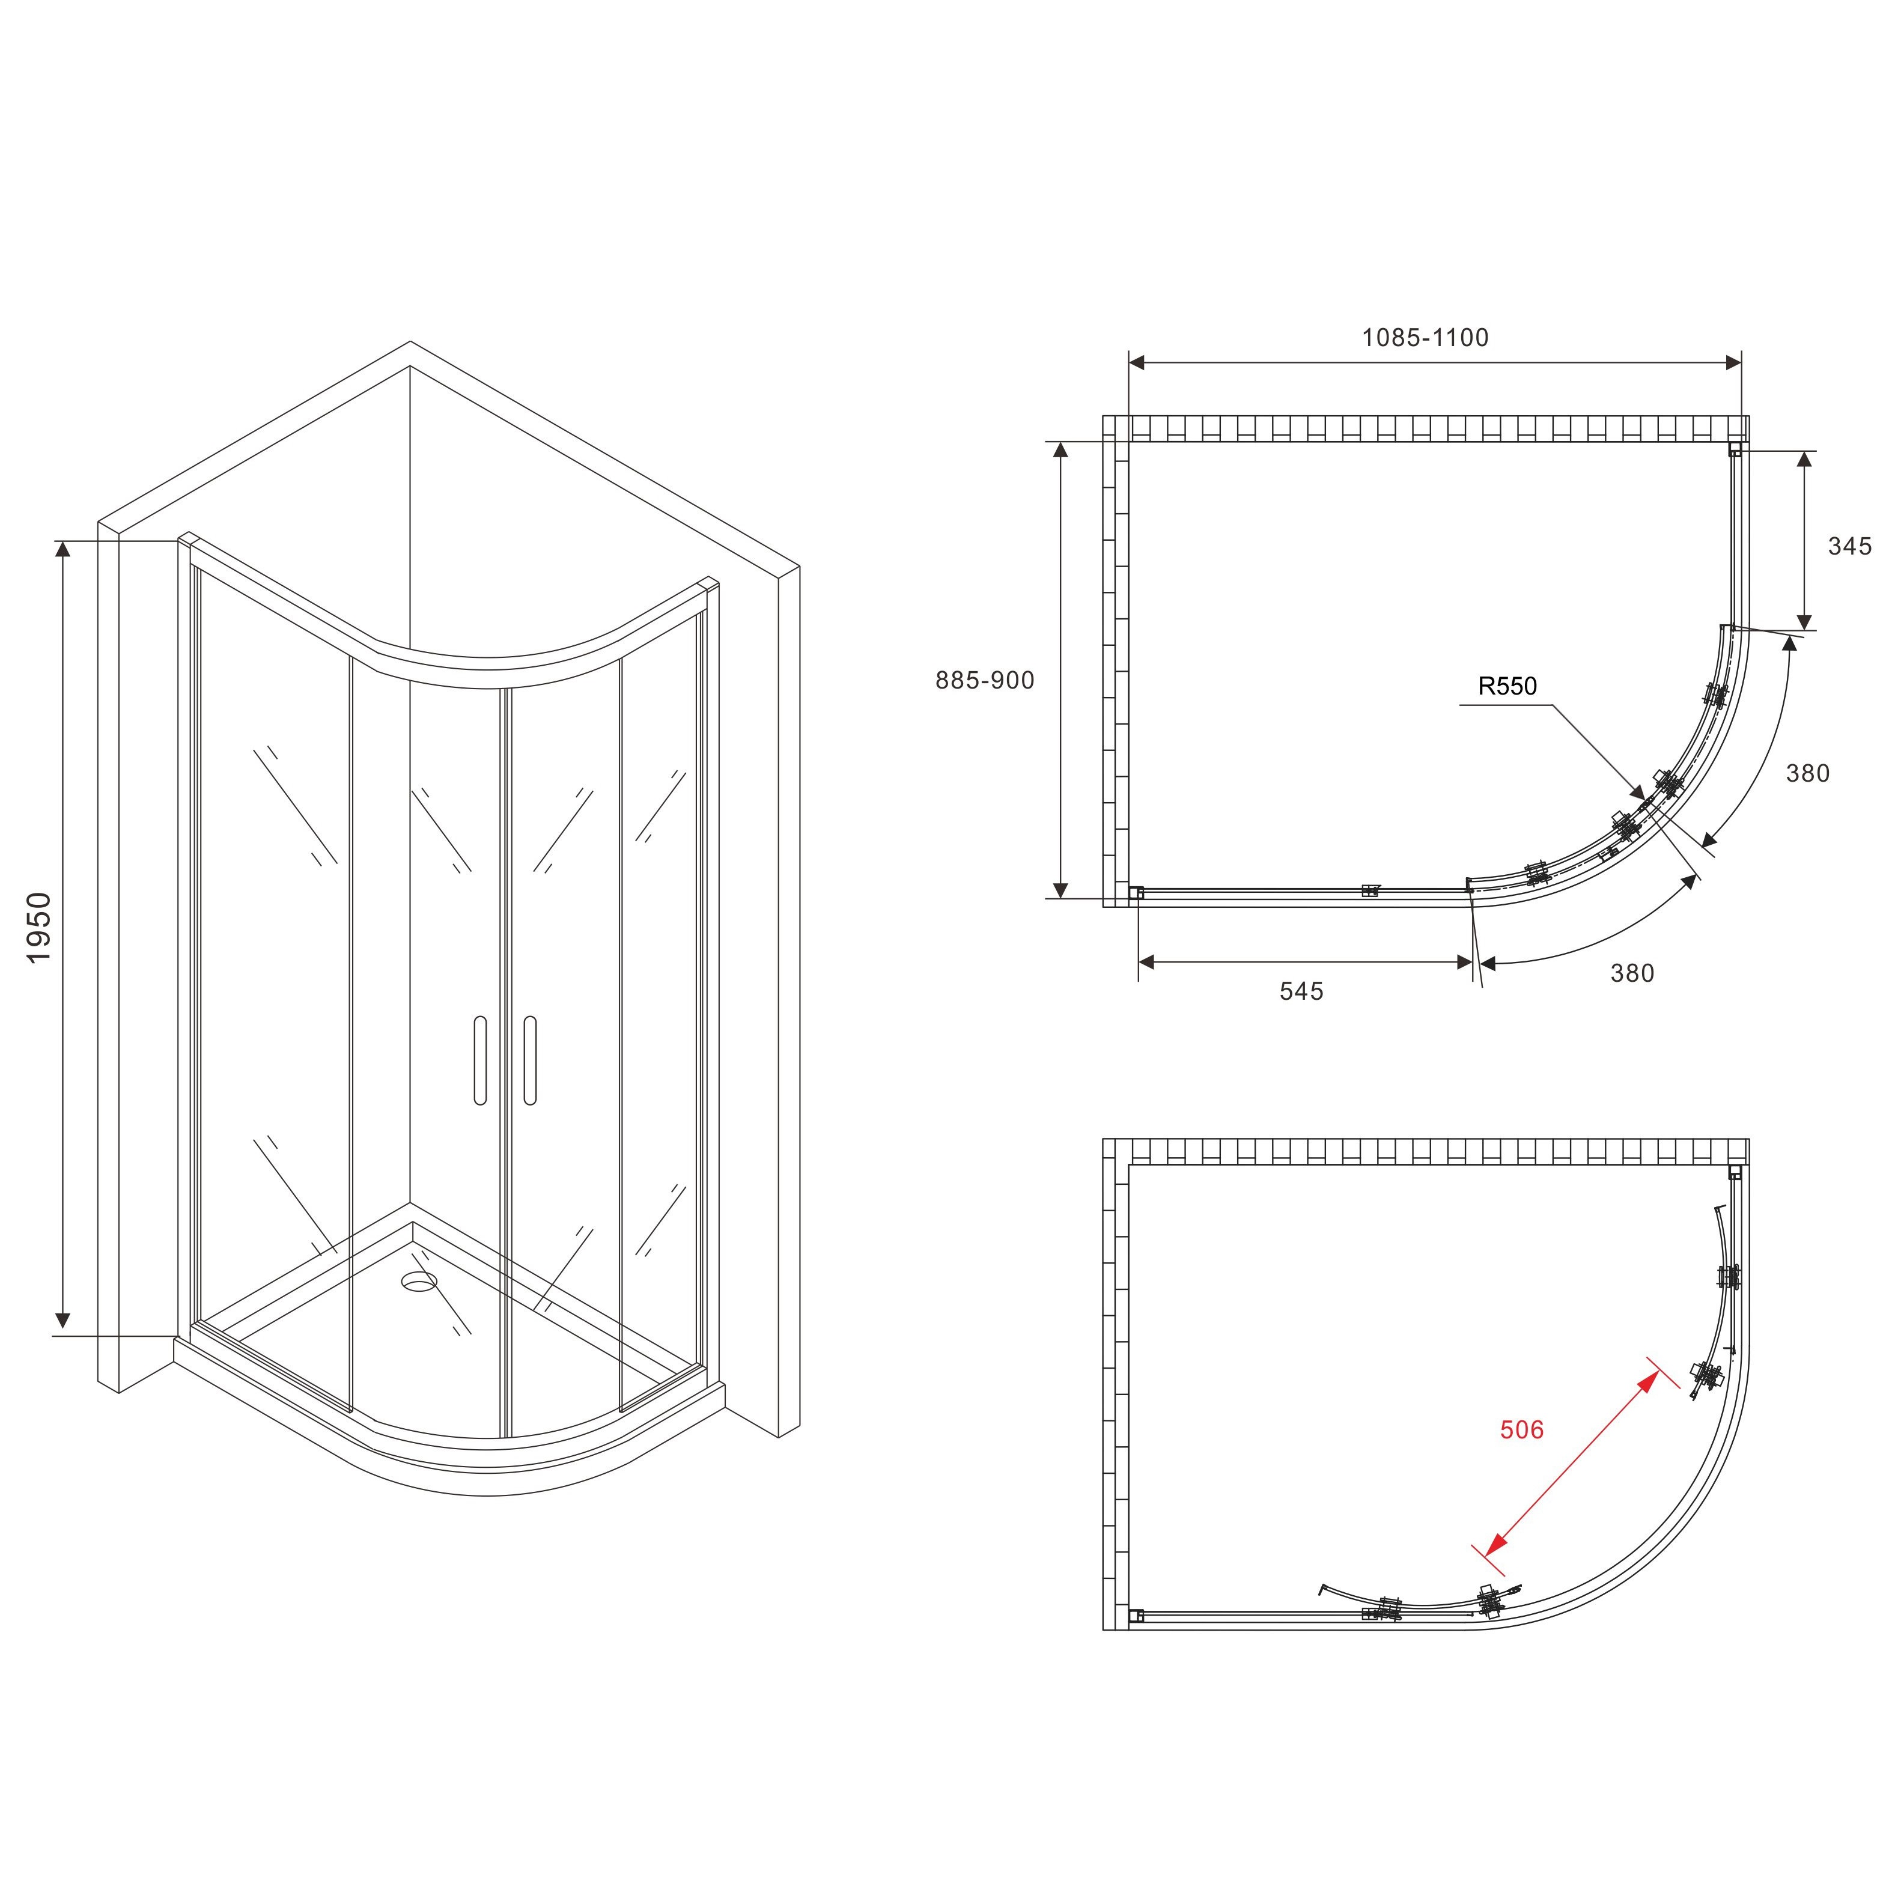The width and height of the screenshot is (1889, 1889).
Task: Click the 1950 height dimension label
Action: tap(39, 927)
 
